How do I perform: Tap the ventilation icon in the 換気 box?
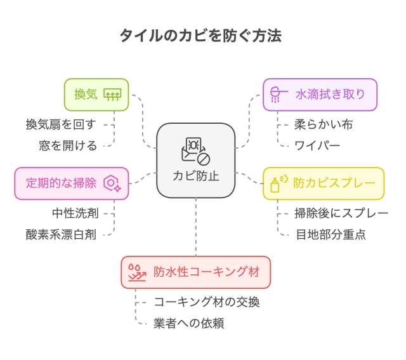pyautogui.click(x=112, y=95)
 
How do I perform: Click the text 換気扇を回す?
pyautogui.click(x=61, y=124)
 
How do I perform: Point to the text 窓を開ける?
pyautogui.click(x=69, y=146)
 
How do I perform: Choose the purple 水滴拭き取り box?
pyautogui.click(x=320, y=95)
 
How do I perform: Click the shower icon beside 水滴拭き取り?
pyautogui.click(x=277, y=95)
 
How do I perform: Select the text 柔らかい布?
pyautogui.click(x=324, y=124)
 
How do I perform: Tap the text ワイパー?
pyautogui.click(x=317, y=146)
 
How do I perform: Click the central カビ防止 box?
pyautogui.click(x=196, y=160)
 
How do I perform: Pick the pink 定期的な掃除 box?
pyautogui.click(x=71, y=183)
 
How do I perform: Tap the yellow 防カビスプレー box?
pyautogui.click(x=324, y=183)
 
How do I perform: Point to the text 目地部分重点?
pyautogui.click(x=331, y=235)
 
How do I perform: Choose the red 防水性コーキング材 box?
pyautogui.click(x=195, y=272)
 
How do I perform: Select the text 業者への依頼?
pyautogui.click(x=188, y=324)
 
